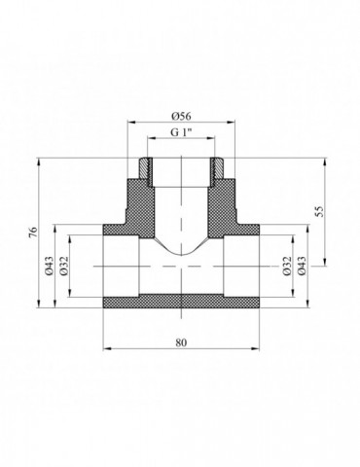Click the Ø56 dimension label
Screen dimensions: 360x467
point(181,116)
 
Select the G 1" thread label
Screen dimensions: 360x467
point(181,132)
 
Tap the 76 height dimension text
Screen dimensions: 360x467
point(33,233)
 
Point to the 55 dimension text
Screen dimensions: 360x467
point(320,211)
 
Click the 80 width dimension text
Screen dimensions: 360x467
point(181,342)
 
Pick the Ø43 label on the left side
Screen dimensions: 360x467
point(49,266)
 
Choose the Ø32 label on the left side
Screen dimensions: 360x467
point(64,266)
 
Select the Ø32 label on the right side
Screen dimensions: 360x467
point(287,266)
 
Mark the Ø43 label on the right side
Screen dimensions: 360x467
point(302,266)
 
